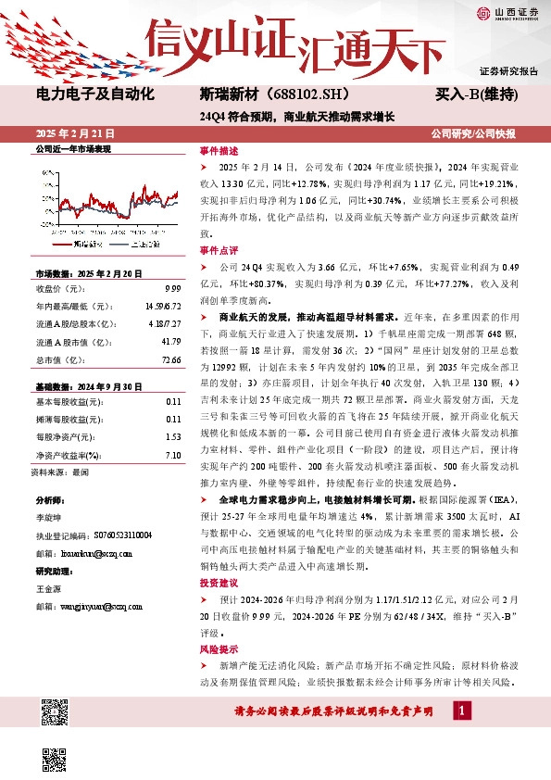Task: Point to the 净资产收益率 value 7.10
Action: tap(171, 455)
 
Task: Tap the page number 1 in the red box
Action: tap(463, 710)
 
